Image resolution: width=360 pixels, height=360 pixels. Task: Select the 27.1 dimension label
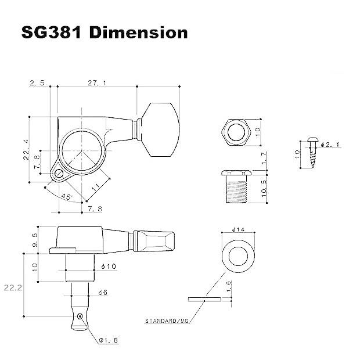pos(96,83)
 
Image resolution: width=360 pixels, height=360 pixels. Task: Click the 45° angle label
pos(65,197)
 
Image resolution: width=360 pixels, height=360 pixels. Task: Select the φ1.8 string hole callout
pos(109,340)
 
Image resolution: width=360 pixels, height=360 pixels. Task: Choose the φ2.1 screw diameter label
pos(329,144)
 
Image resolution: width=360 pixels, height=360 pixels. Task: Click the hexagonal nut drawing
pos(236,132)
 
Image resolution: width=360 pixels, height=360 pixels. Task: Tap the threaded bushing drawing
pos(236,187)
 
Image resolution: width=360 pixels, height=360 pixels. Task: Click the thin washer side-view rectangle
pos(204,300)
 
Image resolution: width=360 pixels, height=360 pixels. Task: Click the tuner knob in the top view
pos(159,130)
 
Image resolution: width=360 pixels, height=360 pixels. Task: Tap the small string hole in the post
pos(80,316)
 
